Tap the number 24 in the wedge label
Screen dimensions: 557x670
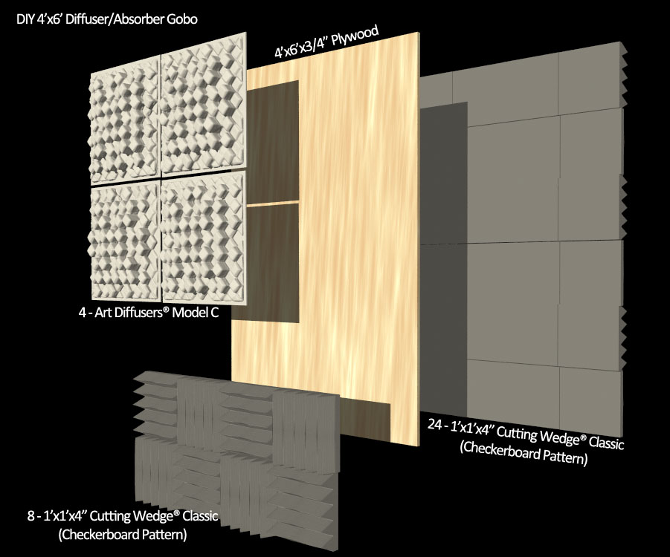(435, 424)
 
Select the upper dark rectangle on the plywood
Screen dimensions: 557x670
(272, 141)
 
